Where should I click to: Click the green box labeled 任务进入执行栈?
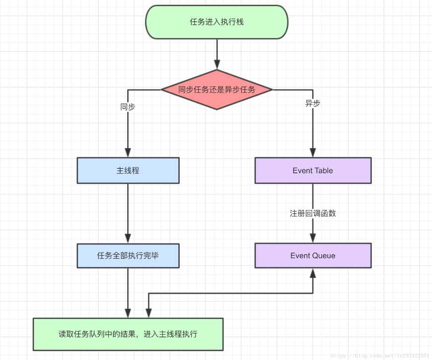[216, 22]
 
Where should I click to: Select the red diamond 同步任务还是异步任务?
[216, 90]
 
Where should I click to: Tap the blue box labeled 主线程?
[128, 170]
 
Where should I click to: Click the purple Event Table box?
[313, 170]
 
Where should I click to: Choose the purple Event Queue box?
[313, 256]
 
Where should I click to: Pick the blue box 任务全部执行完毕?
[128, 256]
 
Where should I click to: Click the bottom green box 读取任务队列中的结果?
[128, 334]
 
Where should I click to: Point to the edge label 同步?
[128, 106]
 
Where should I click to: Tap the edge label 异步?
[313, 103]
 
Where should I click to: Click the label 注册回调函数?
[313, 213]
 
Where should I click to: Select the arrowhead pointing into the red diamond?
[217, 65]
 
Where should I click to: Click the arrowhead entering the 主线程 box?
[128, 153]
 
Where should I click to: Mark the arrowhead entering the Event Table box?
[313, 153]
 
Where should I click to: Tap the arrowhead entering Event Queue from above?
[313, 238]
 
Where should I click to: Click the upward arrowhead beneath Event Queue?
[313, 273]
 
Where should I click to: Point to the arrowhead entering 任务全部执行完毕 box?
[128, 238]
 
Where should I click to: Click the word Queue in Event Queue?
[324, 256]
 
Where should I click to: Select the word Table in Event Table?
[323, 170]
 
